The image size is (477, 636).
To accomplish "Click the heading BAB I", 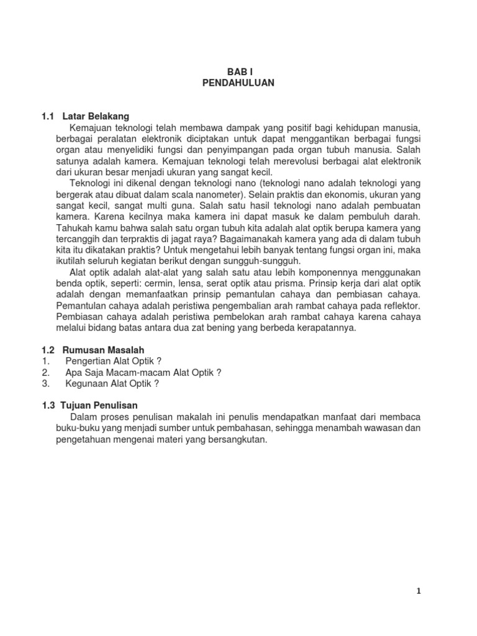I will (238, 72).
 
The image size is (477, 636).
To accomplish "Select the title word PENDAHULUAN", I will (238, 83).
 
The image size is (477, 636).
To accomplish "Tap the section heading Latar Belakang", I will (96, 116).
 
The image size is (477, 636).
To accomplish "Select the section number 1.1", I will (48, 116).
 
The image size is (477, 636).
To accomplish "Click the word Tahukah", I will (73, 228).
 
